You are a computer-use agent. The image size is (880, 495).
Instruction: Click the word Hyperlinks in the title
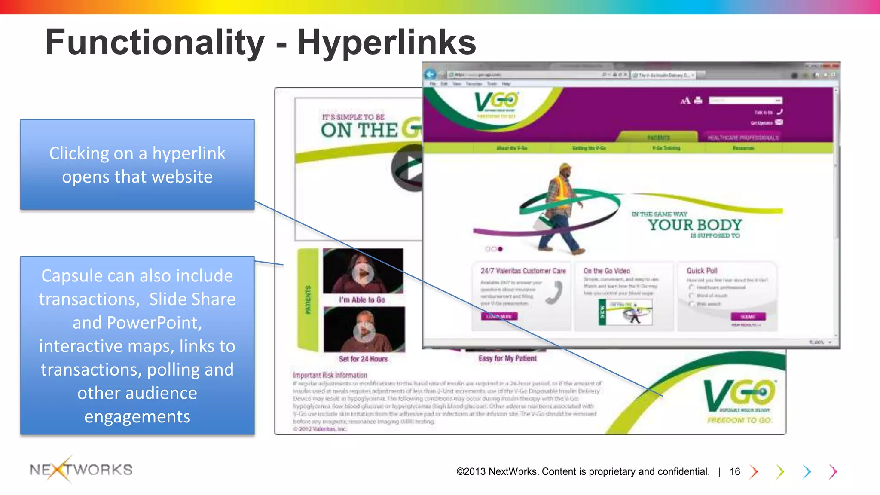[x=386, y=42]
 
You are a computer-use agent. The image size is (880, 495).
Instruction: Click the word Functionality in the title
[x=155, y=42]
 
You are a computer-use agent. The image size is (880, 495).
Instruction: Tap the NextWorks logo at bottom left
[x=81, y=469]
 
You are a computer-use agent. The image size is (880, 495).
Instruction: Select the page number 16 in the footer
[x=735, y=471]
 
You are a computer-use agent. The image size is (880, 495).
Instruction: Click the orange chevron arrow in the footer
[x=754, y=471]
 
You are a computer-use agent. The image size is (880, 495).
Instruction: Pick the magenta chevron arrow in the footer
[x=833, y=471]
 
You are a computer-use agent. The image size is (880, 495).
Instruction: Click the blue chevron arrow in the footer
[x=807, y=471]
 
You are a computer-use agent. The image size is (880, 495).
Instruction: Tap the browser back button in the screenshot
[x=430, y=74]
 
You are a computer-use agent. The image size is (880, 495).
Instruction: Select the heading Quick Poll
[x=702, y=271]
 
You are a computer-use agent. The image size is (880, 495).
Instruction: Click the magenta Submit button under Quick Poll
[x=748, y=317]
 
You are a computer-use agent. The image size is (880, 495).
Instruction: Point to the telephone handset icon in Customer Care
[x=555, y=292]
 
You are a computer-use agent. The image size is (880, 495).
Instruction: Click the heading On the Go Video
[x=606, y=271]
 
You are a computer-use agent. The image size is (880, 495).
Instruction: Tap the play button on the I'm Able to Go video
[x=363, y=273]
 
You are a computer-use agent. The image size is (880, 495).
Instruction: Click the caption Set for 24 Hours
[x=363, y=359]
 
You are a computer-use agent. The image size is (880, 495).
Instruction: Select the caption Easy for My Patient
[x=507, y=358]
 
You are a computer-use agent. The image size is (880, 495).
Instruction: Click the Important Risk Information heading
[x=330, y=375]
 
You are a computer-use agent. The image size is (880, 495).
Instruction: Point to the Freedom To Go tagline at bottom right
[x=739, y=420]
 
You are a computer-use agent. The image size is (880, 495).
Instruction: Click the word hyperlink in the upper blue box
[x=189, y=153]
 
